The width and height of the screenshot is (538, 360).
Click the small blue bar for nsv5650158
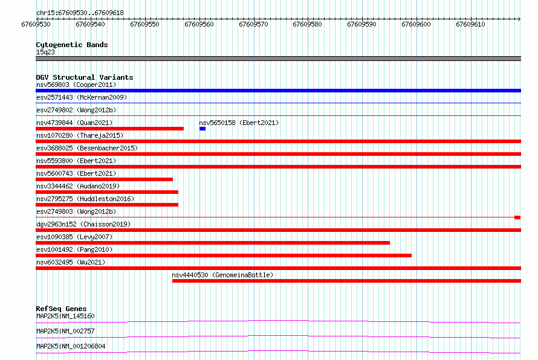pos(203,129)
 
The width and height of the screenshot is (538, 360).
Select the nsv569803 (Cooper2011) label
pos(76,85)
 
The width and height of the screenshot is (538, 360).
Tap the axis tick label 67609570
pos(253,24)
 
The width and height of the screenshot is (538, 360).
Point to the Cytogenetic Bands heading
pos(72,45)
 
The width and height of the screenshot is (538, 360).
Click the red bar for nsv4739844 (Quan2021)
pos(110,129)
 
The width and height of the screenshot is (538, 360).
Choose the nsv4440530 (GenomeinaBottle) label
pos(222,275)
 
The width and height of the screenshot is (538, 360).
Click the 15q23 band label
pos(45,52)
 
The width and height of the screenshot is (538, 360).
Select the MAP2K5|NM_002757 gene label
pos(65,331)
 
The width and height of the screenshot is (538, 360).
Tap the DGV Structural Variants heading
pos(85,77)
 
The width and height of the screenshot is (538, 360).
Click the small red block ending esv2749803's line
pos(517,217)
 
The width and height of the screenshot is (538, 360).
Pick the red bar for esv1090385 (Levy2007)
pos(213,243)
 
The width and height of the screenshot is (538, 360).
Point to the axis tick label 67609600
pos(416,24)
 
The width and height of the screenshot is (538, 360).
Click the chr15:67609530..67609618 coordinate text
pos(80,13)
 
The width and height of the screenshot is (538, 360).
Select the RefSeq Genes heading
pos(61,309)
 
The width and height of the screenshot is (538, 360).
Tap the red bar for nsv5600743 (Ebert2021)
pos(105,179)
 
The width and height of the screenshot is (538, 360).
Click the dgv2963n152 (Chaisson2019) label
pos(83,224)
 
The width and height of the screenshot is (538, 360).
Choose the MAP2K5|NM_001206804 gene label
pos(71,346)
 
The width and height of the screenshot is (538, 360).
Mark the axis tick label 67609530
pos(36,24)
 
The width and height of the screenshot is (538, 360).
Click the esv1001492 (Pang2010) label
pos(74,249)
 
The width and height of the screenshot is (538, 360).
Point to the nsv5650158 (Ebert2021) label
pos(239,123)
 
